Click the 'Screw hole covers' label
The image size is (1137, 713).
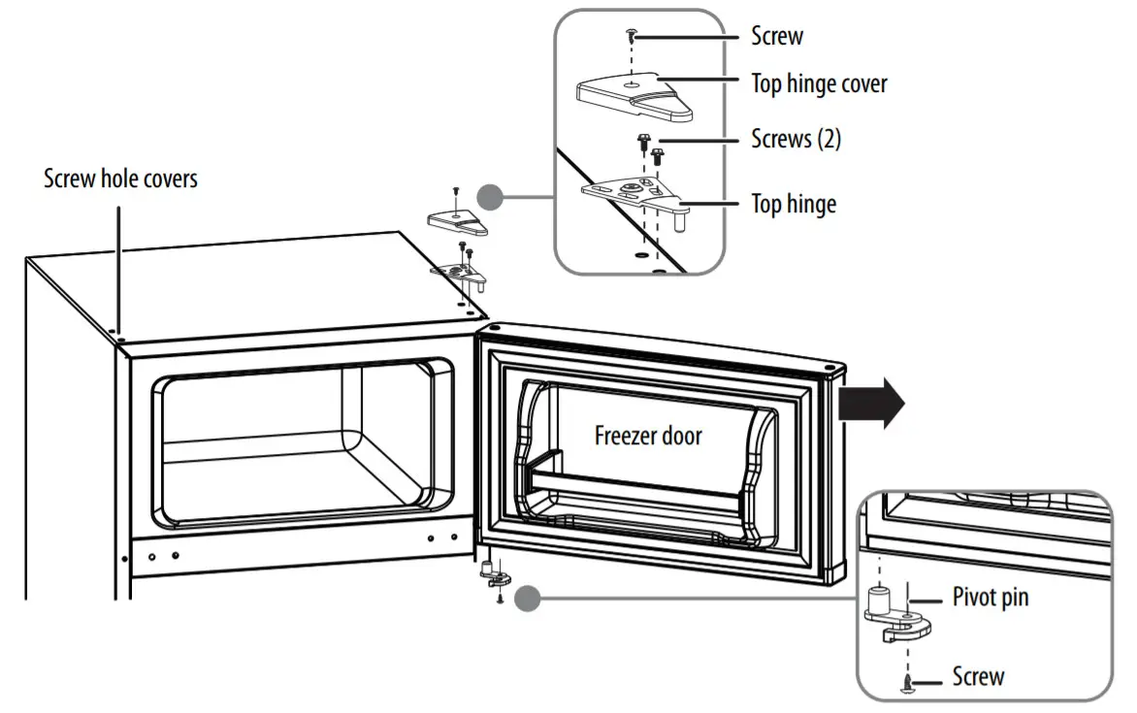[120, 179]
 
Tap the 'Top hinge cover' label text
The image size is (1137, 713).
[819, 83]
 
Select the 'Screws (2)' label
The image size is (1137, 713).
[796, 139]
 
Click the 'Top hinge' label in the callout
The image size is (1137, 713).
[794, 204]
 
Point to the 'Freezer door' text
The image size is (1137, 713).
[648, 436]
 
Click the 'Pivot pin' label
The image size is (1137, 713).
[990, 598]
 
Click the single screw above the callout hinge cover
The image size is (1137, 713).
[632, 37]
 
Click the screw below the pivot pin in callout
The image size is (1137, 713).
[906, 685]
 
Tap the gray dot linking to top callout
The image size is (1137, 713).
[491, 199]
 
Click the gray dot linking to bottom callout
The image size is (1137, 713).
[527, 598]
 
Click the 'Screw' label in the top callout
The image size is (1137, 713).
[777, 37]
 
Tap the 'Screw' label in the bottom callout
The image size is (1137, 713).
[977, 676]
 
